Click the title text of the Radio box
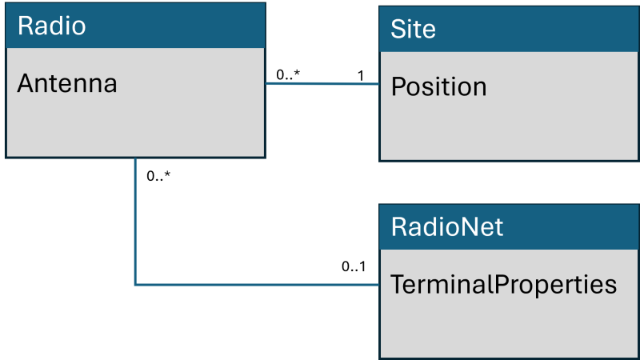[51, 26]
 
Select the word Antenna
[67, 83]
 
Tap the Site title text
[413, 30]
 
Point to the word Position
[438, 86]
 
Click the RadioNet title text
[447, 226]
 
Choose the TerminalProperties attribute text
[503, 284]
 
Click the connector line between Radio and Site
[322, 83]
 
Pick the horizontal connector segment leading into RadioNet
[256, 284]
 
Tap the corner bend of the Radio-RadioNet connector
[135, 284]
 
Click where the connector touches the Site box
[378, 83]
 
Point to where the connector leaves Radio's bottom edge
[135, 158]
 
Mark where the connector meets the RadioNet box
[379, 284]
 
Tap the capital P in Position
[398, 86]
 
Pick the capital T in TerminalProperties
[396, 284]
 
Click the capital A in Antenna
[25, 83]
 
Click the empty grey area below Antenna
[134, 128]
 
